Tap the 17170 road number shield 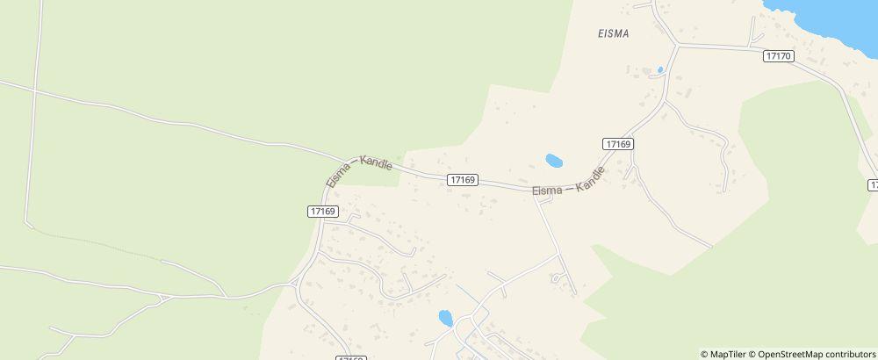[x=779, y=55]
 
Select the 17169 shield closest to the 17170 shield [x=619, y=143]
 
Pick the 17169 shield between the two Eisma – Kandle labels [x=462, y=179]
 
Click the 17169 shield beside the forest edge [x=323, y=211]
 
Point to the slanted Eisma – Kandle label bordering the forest [x=358, y=168]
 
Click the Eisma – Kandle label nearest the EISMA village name [x=569, y=184]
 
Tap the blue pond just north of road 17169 [x=554, y=161]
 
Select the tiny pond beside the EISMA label [x=659, y=70]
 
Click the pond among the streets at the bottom [x=445, y=317]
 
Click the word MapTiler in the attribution [x=729, y=354]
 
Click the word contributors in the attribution [x=847, y=354]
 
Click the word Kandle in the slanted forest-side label [x=376, y=163]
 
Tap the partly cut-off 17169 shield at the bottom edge [x=350, y=357]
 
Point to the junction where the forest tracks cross [x=34, y=89]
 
